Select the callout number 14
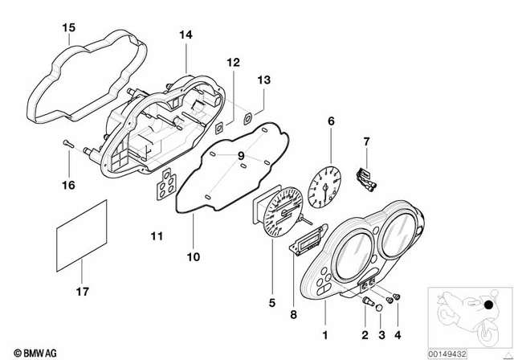pyautogui.click(x=186, y=36)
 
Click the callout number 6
pyautogui.click(x=329, y=122)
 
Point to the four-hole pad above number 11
pyautogui.click(x=167, y=186)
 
